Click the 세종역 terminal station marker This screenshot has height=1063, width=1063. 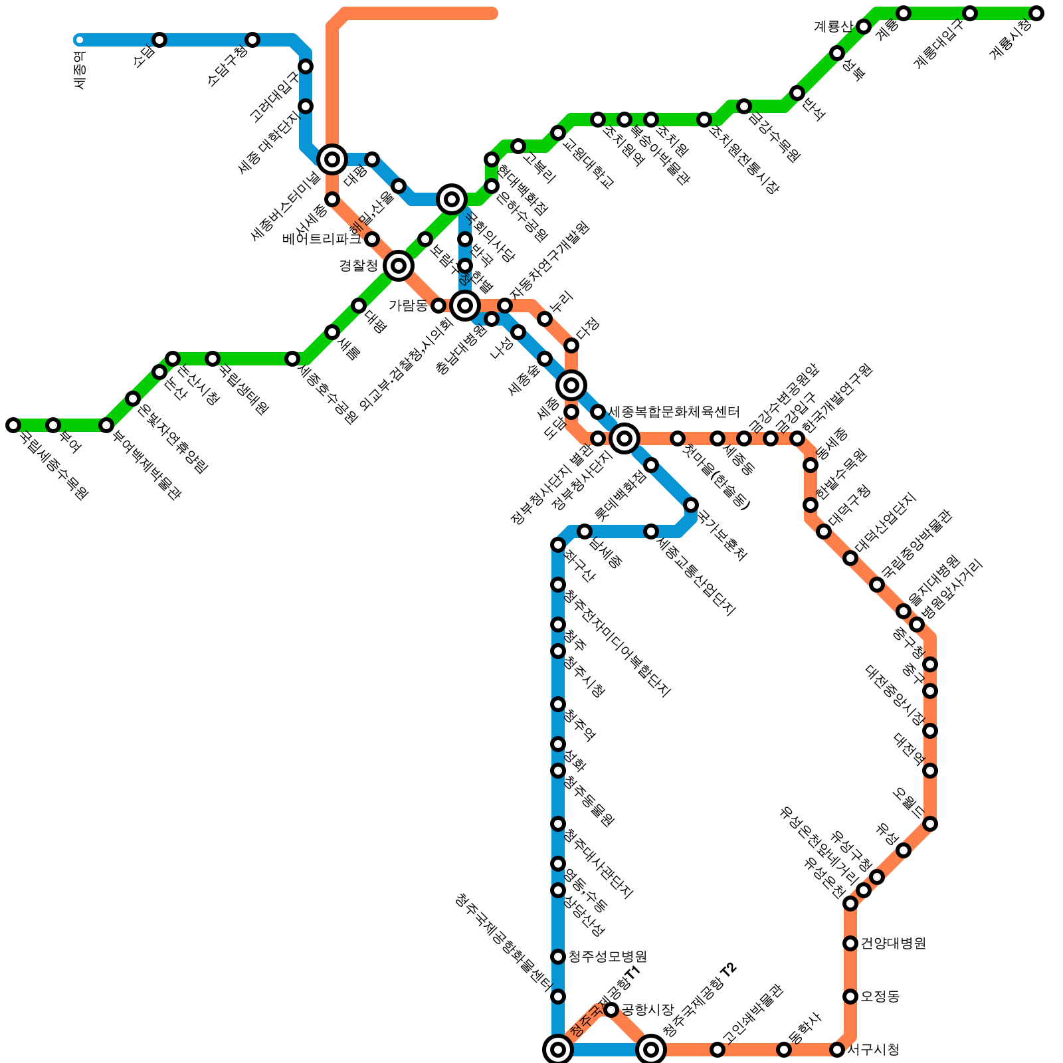coord(80,40)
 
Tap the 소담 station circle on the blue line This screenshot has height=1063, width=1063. coord(159,40)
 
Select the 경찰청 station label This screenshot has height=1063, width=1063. coord(358,266)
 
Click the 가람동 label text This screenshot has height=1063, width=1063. coord(408,306)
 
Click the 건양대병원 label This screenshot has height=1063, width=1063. coord(893,943)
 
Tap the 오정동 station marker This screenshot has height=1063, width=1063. coord(850,997)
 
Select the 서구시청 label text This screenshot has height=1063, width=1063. coord(874,1050)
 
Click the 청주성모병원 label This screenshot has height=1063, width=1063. coord(607,957)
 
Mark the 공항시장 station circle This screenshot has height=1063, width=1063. coord(611,1010)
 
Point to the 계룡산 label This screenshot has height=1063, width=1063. coord(832,27)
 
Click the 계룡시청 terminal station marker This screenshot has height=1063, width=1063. coord(1036,13)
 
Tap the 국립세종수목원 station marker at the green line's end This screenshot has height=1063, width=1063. coord(13,425)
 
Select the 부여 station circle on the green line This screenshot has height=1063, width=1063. coord(53,425)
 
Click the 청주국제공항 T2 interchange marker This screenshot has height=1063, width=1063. coord(651,1050)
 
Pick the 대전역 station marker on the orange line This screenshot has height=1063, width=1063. coord(930,771)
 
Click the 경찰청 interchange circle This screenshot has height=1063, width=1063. coord(399,266)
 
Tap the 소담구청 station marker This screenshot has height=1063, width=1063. coord(252,40)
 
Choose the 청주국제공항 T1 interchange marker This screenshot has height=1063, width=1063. coord(558,1050)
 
